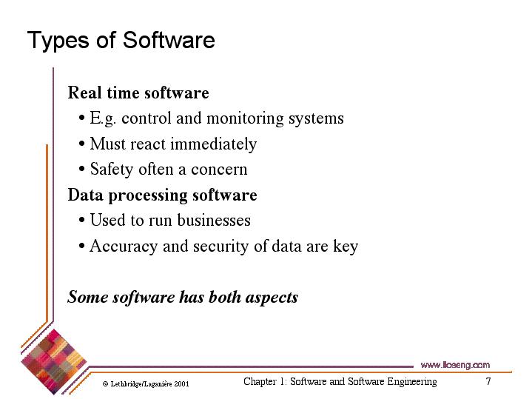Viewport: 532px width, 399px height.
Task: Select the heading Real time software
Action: pos(138,93)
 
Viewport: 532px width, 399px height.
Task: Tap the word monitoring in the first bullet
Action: pos(245,119)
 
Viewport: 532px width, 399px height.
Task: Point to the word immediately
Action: pos(213,144)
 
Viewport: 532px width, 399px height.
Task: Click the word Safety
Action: pos(112,170)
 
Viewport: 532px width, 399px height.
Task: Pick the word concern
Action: pos(219,170)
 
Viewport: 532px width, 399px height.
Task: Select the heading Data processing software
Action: pos(163,195)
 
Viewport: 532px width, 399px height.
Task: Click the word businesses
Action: pos(214,220)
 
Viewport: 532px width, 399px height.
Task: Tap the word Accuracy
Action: pos(124,247)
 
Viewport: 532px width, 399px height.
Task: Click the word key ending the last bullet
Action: pos(346,247)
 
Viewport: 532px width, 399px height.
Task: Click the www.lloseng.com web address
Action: pos(455,365)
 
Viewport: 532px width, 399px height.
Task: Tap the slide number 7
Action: pos(488,381)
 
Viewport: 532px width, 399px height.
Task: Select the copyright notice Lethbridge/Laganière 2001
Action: pos(146,384)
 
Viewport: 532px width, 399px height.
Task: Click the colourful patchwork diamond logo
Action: pos(53,362)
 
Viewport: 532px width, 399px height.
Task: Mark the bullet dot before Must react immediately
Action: pos(81,144)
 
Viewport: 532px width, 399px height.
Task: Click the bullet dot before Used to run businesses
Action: pos(81,220)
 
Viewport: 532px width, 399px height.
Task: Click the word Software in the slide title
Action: pos(169,41)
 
